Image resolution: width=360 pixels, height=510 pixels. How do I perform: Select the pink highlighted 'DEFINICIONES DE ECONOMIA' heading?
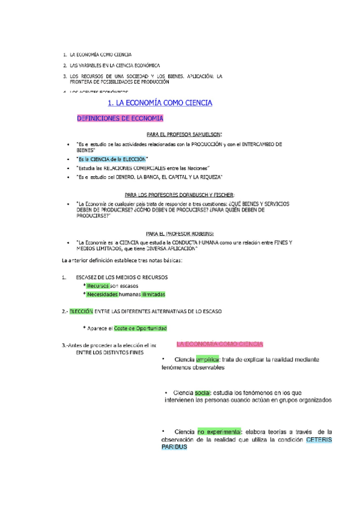[120, 118]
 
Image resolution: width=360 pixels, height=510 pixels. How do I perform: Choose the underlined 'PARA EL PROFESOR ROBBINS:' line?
[180, 233]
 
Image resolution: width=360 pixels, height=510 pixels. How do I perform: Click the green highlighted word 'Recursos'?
[97, 286]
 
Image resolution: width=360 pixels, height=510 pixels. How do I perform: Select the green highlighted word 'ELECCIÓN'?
[81, 312]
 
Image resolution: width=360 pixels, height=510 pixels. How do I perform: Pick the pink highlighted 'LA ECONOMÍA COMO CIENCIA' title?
[219, 345]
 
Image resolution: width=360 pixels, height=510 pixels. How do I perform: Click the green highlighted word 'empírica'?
[207, 359]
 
